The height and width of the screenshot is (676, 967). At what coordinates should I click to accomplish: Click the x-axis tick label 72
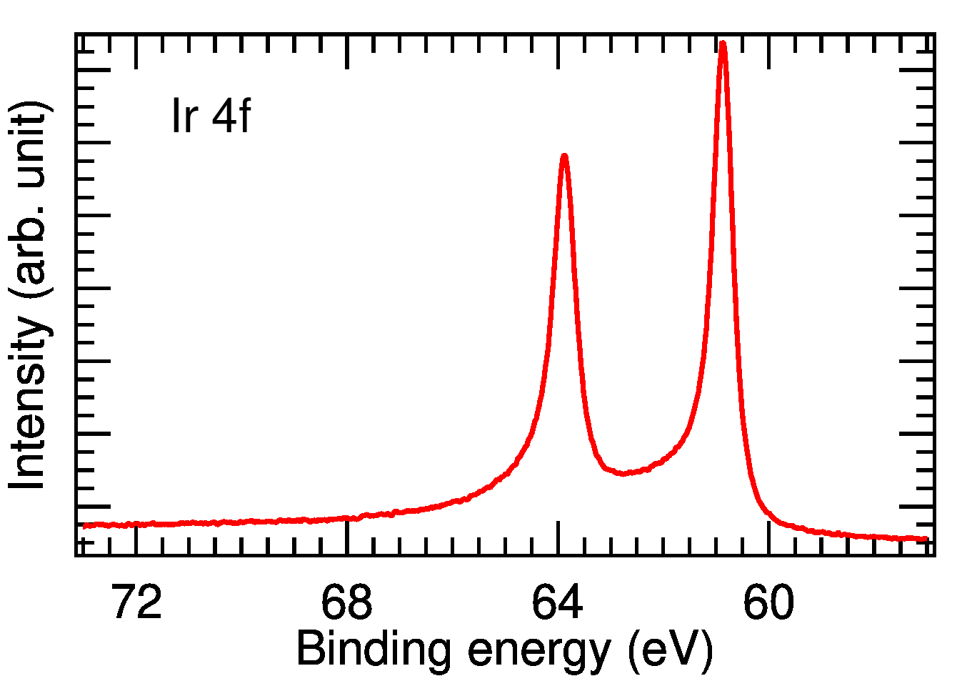(x=136, y=604)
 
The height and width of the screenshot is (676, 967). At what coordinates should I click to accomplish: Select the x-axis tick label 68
(x=346, y=604)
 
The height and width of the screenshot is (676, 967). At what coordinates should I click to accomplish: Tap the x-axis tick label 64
(x=558, y=604)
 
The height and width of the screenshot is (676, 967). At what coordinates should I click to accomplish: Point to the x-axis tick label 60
(x=768, y=604)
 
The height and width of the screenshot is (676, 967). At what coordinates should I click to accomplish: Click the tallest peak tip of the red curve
(x=723, y=44)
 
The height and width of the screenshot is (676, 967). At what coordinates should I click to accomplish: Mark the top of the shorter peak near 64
(x=564, y=156)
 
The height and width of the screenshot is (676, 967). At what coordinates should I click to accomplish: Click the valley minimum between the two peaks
(x=623, y=473)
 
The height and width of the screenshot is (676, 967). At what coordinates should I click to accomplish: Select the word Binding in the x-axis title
(x=374, y=650)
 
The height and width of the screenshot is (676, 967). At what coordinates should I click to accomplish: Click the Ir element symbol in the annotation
(x=184, y=116)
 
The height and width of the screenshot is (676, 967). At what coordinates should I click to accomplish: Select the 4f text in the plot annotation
(x=231, y=116)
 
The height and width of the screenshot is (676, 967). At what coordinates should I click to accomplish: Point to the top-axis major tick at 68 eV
(x=347, y=51)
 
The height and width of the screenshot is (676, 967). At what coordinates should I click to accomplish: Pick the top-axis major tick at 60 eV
(x=768, y=51)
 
